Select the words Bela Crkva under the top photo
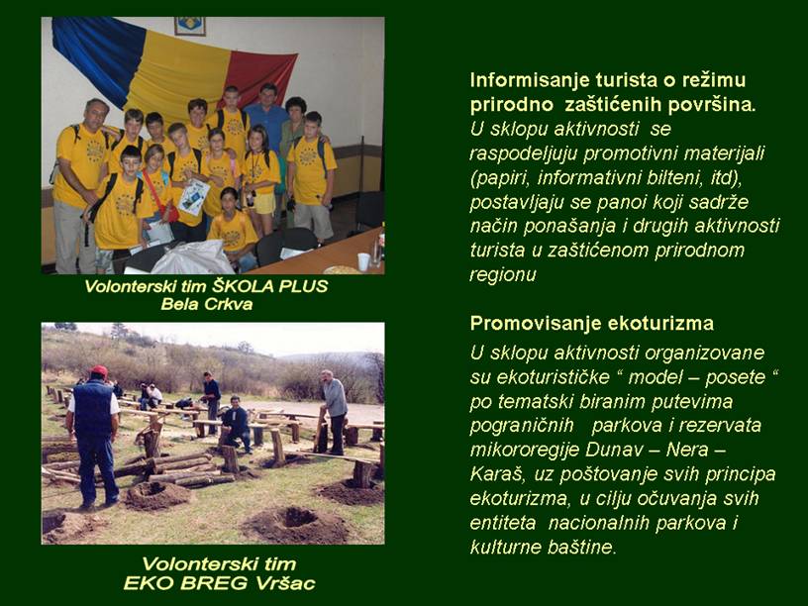point(207,304)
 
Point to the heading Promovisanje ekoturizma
point(591,324)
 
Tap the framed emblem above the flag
point(190,26)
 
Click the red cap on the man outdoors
point(98,370)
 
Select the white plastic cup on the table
point(363,261)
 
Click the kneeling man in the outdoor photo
point(236,423)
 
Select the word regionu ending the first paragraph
point(503,275)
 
